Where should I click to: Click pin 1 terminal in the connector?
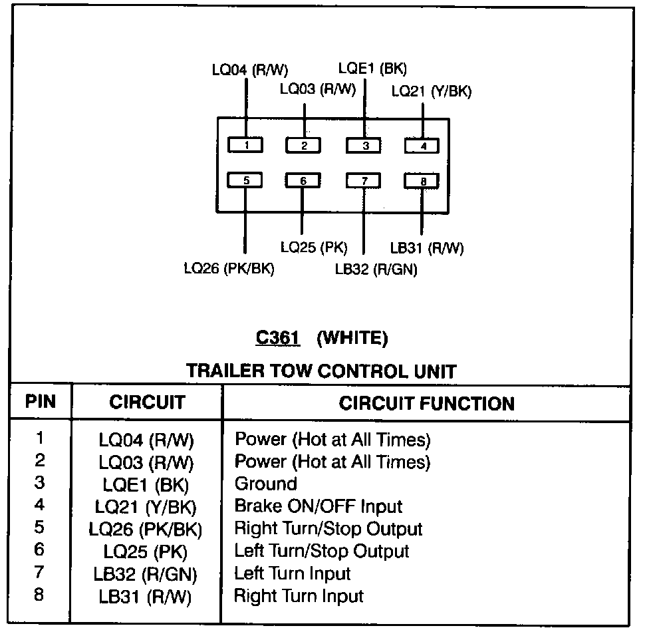coord(246,144)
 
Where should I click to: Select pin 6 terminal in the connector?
coord(303,180)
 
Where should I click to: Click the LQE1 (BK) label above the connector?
coord(372,69)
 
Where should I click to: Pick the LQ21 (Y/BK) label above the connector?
coord(431,92)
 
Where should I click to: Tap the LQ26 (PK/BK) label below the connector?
coord(229,269)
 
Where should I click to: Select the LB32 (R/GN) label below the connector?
coord(376,269)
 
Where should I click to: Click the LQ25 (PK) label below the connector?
coord(314,247)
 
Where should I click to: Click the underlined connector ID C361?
coord(278,338)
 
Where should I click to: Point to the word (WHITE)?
coord(352,338)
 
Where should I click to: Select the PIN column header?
coord(41,402)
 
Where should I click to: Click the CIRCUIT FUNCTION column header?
coord(426,403)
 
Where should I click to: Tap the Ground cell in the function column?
coord(265,484)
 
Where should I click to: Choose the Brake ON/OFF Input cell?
coord(318,506)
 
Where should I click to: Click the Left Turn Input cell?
coord(292,573)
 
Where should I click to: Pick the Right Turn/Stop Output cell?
coord(328,529)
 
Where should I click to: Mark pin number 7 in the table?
coord(39,572)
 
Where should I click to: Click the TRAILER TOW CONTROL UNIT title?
coord(321,371)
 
